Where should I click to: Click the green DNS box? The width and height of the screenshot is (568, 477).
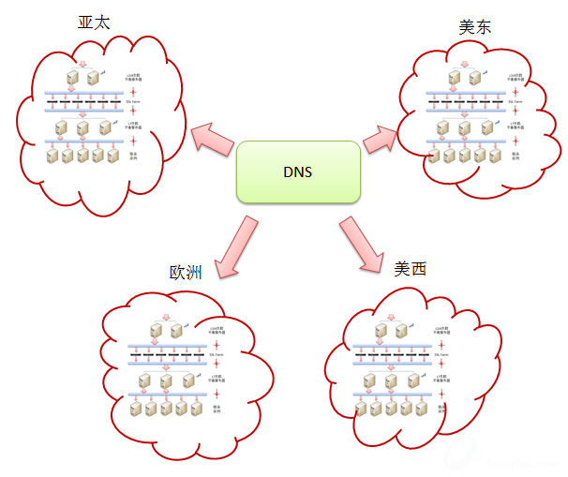click(298, 172)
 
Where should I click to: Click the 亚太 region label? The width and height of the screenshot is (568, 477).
click(94, 22)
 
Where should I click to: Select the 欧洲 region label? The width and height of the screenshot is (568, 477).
click(186, 273)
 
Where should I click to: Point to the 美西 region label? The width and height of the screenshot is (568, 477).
click(410, 269)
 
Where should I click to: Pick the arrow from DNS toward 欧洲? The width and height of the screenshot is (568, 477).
click(235, 246)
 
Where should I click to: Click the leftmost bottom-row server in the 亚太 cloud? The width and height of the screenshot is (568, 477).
click(52, 156)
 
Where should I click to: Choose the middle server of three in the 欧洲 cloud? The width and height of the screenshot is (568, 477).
click(166, 380)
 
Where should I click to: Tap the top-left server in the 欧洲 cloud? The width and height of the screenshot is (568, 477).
click(155, 329)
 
